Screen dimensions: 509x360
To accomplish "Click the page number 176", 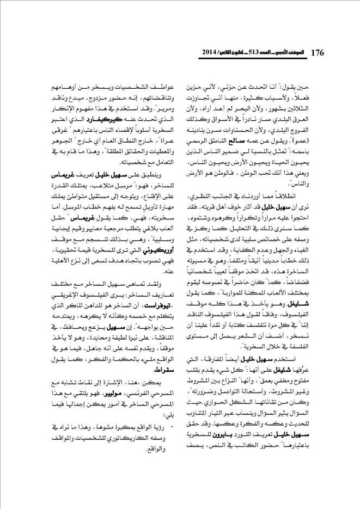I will pyautogui.click(x=318, y=52).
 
